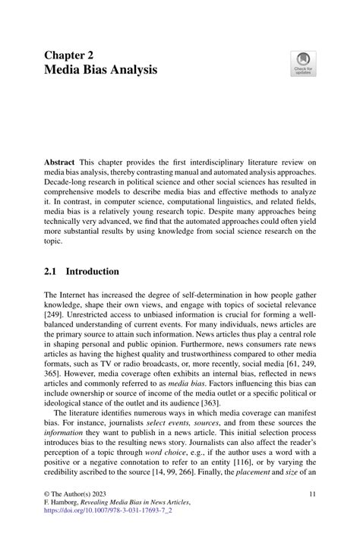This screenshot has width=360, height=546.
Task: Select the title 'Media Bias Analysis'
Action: click(101, 71)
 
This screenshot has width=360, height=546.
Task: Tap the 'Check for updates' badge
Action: click(303, 64)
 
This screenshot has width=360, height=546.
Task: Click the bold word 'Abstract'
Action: click(60, 163)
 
